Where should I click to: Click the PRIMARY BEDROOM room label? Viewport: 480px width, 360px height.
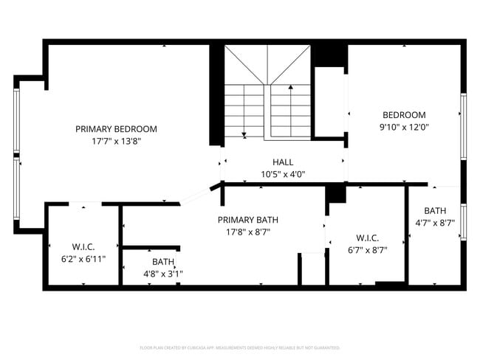[116, 129]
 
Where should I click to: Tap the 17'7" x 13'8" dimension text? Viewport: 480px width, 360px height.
[116, 141]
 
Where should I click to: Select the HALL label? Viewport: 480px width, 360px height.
[283, 162]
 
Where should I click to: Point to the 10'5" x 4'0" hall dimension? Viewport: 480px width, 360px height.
[283, 175]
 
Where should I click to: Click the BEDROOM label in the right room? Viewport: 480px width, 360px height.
[404, 115]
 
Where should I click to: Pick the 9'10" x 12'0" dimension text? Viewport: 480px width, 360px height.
[404, 127]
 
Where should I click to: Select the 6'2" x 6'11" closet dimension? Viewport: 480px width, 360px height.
[83, 259]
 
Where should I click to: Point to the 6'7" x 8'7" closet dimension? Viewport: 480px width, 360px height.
[367, 249]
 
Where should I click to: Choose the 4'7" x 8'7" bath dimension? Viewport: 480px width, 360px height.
[435, 223]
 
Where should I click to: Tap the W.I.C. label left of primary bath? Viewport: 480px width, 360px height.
[83, 246]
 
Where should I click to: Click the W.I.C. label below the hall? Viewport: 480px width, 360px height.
[367, 238]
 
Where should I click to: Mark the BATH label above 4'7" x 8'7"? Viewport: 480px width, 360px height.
[435, 210]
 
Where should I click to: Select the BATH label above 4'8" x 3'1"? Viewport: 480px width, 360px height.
[162, 262]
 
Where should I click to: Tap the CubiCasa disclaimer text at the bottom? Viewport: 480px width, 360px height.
[240, 347]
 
